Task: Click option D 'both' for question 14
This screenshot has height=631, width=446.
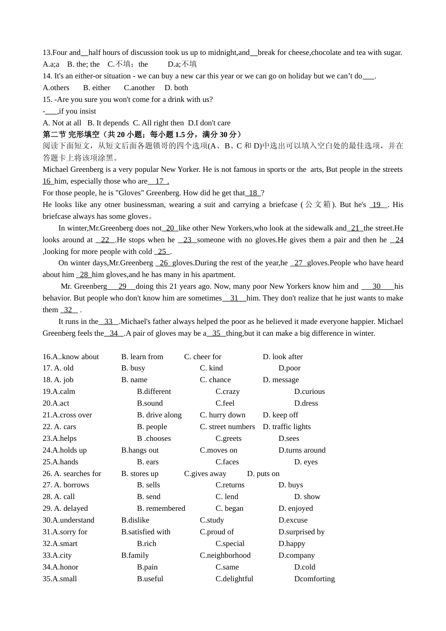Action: click(x=176, y=88)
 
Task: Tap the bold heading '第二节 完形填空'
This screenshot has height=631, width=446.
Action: click(x=71, y=134)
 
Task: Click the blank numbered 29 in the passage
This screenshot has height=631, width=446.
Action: click(x=122, y=286)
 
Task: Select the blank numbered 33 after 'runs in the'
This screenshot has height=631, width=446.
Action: click(x=108, y=322)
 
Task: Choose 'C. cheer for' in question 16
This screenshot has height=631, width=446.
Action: click(x=203, y=357)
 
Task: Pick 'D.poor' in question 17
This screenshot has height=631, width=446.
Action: click(x=289, y=368)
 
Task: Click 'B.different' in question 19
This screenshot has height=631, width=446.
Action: click(x=154, y=392)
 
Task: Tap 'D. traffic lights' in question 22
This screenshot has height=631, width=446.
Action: click(x=286, y=427)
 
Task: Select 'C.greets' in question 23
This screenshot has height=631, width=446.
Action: click(x=229, y=439)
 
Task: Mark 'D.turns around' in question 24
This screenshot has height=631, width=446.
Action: click(x=302, y=450)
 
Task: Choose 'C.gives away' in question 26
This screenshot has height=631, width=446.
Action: click(x=205, y=474)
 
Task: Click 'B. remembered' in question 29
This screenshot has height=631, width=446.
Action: click(x=161, y=508)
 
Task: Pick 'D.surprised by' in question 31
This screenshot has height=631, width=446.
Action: click(x=301, y=532)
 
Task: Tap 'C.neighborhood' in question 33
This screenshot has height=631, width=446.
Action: click(x=225, y=555)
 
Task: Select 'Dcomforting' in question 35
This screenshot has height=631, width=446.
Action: click(x=315, y=579)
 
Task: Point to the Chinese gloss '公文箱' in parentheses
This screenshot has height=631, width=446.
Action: click(x=318, y=205)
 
